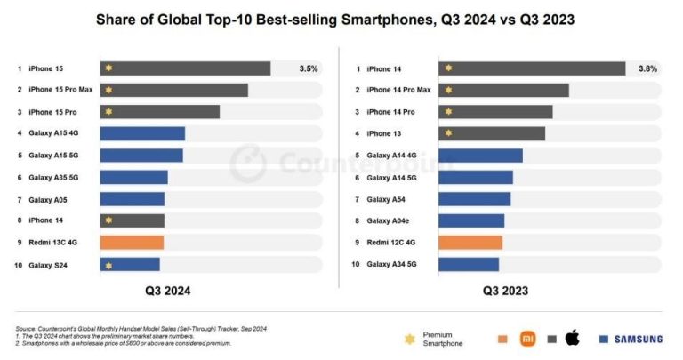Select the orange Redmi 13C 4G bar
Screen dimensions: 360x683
click(132, 243)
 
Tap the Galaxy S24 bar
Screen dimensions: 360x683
click(130, 265)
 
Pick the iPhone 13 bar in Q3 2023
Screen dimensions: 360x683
click(492, 133)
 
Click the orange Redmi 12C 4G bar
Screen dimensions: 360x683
click(470, 243)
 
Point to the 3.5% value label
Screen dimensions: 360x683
click(308, 68)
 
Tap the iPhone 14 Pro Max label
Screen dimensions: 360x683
click(398, 90)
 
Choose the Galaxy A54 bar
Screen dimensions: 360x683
click(475, 199)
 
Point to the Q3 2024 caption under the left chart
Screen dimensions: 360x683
click(168, 291)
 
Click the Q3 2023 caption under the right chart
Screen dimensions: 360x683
click(505, 291)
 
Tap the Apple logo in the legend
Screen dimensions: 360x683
click(572, 338)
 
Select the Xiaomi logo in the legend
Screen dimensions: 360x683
click(528, 338)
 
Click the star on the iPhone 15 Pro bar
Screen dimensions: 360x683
click(108, 112)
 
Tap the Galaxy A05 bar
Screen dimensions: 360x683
click(133, 199)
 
